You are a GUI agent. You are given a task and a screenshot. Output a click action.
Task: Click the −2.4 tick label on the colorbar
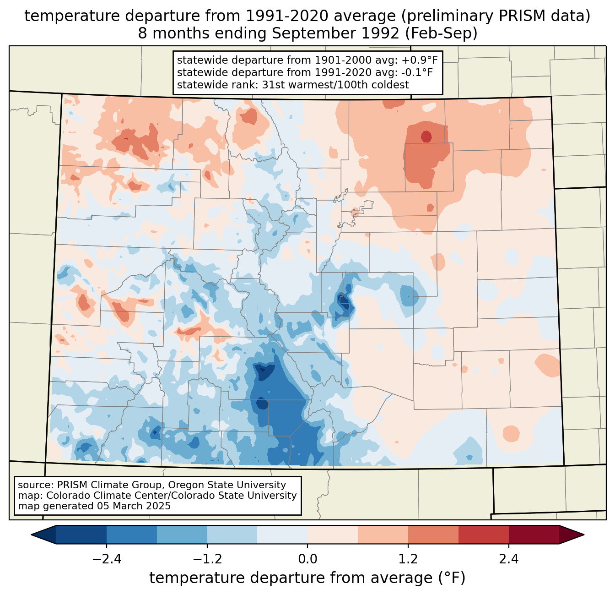pos(107,559)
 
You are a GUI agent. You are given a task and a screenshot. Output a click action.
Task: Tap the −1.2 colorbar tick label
pos(207,559)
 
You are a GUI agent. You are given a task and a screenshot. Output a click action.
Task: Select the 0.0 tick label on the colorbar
pos(307,559)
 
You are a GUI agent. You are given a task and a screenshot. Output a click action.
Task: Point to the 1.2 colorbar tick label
pos(408,559)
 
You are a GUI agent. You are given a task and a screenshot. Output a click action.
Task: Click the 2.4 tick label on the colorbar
pos(509,559)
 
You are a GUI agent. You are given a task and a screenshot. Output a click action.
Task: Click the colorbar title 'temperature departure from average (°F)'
pos(307,578)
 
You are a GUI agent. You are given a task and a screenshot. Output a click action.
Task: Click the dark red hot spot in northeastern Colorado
pos(426,136)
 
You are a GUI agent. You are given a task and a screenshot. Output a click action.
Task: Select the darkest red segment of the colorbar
pos(534,535)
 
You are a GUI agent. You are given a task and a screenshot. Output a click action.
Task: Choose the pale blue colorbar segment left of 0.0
pos(282,535)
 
